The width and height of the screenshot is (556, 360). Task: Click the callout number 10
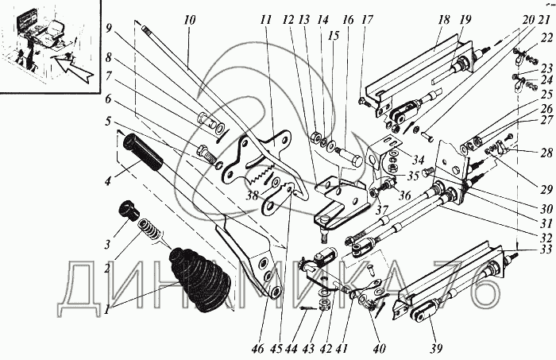click(190, 20)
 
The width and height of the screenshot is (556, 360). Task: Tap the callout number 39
click(437, 348)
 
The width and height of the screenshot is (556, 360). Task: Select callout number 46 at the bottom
click(258, 349)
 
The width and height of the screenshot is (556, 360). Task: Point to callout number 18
click(443, 20)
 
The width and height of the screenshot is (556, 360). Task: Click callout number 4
click(108, 180)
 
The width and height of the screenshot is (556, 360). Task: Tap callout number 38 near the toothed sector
click(252, 195)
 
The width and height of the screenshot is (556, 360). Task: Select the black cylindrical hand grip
click(143, 152)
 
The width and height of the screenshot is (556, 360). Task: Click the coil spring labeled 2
click(149, 231)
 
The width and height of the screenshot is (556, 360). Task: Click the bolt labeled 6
click(206, 154)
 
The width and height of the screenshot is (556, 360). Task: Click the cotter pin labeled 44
click(308, 308)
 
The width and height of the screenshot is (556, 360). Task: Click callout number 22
click(547, 37)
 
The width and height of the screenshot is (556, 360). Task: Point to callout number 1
click(106, 311)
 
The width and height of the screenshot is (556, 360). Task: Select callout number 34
click(418, 161)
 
